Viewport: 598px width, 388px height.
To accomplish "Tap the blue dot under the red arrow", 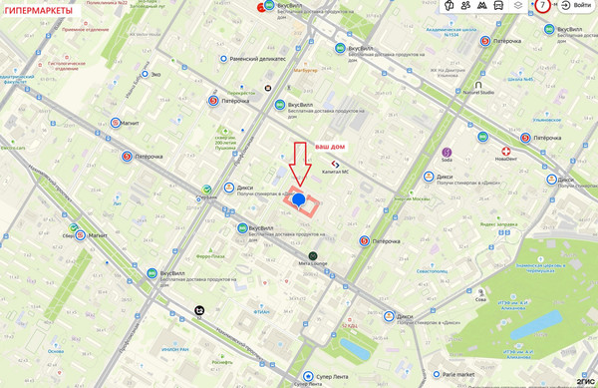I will point(298,200).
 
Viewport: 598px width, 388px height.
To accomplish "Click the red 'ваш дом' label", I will point(330,147).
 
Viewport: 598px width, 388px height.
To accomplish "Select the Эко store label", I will point(155,74).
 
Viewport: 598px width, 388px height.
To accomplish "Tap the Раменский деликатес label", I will point(257,59).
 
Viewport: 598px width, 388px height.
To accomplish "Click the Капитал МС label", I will point(335,172).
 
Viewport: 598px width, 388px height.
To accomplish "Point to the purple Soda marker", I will point(447,153).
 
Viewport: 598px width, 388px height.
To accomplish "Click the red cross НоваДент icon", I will point(506,152).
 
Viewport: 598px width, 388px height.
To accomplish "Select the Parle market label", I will point(457,375).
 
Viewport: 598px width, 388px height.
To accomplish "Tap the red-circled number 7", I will point(543,6).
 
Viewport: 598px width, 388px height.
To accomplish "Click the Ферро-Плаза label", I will point(210,256).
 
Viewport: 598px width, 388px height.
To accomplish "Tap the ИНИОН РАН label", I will point(174,349).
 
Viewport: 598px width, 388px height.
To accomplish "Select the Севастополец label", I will point(433,271).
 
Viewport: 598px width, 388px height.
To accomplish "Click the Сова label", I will point(480,298).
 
